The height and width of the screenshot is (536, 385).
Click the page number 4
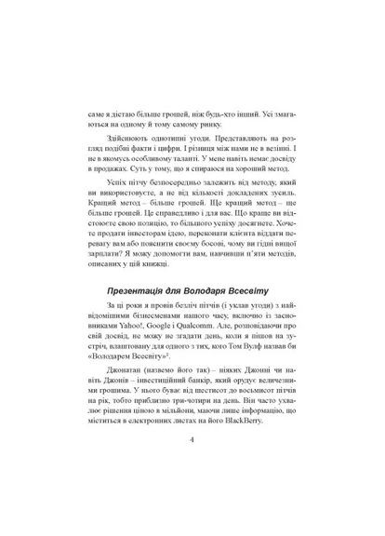[x=192, y=465]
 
